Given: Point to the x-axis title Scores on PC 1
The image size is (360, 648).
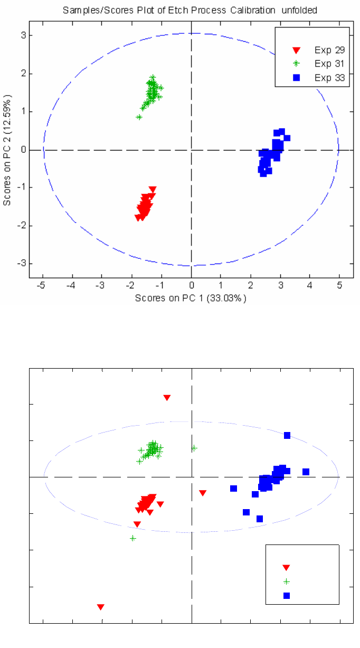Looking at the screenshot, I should click(191, 298).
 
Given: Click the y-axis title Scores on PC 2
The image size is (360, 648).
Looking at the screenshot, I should click(7, 150).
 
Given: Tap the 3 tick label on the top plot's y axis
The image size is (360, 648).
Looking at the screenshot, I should click(24, 35).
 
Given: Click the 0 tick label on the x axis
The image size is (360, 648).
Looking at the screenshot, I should click(192, 286).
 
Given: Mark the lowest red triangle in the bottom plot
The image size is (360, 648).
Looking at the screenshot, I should click(101, 607).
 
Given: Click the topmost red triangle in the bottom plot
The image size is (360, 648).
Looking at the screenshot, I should click(167, 398).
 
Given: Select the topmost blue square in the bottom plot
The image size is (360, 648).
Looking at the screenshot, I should click(287, 435).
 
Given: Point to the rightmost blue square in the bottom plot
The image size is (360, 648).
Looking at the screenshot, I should click(306, 472).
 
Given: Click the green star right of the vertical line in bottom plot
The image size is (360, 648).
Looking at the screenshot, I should click(194, 448).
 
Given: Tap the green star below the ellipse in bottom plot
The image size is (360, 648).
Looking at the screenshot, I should click(133, 538).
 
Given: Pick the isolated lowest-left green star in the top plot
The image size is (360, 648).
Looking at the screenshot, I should click(139, 117).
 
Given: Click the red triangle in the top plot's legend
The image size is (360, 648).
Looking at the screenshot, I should click(296, 50).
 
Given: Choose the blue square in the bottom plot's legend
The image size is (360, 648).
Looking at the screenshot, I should click(287, 596).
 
